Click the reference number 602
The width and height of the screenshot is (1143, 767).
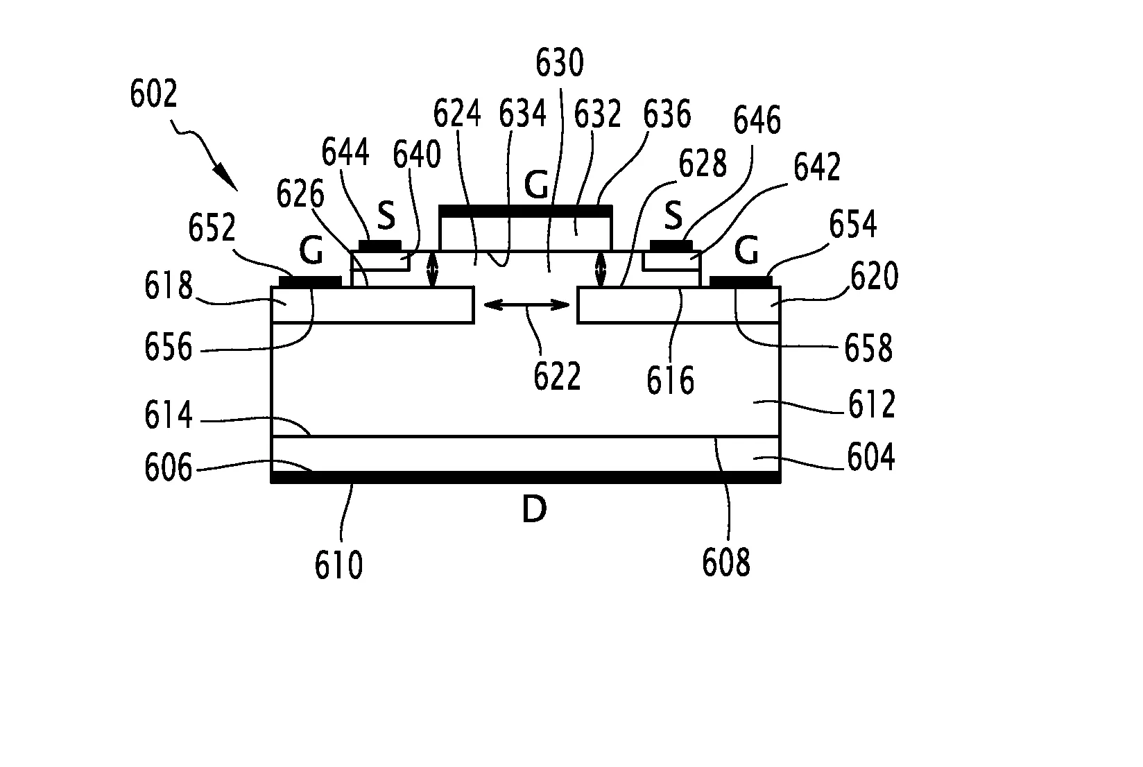click(154, 94)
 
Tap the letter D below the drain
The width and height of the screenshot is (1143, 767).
click(534, 510)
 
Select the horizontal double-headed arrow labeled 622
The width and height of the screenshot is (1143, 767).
click(526, 304)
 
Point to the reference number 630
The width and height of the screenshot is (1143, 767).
click(559, 63)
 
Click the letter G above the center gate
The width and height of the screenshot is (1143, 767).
click(537, 186)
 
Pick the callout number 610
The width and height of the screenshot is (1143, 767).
click(338, 565)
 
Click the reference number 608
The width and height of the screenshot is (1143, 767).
click(726, 562)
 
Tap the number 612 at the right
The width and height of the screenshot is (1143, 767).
click(872, 404)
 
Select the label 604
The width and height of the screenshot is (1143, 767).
click(871, 458)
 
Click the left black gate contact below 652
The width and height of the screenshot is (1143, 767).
click(310, 281)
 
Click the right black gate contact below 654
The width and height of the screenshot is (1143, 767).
click(741, 281)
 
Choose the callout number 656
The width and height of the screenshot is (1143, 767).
click(168, 347)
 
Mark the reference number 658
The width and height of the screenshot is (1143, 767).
click(868, 348)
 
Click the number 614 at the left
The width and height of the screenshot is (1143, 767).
click(168, 415)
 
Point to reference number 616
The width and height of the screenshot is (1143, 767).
click(670, 380)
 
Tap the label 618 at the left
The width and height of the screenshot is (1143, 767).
click(168, 286)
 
